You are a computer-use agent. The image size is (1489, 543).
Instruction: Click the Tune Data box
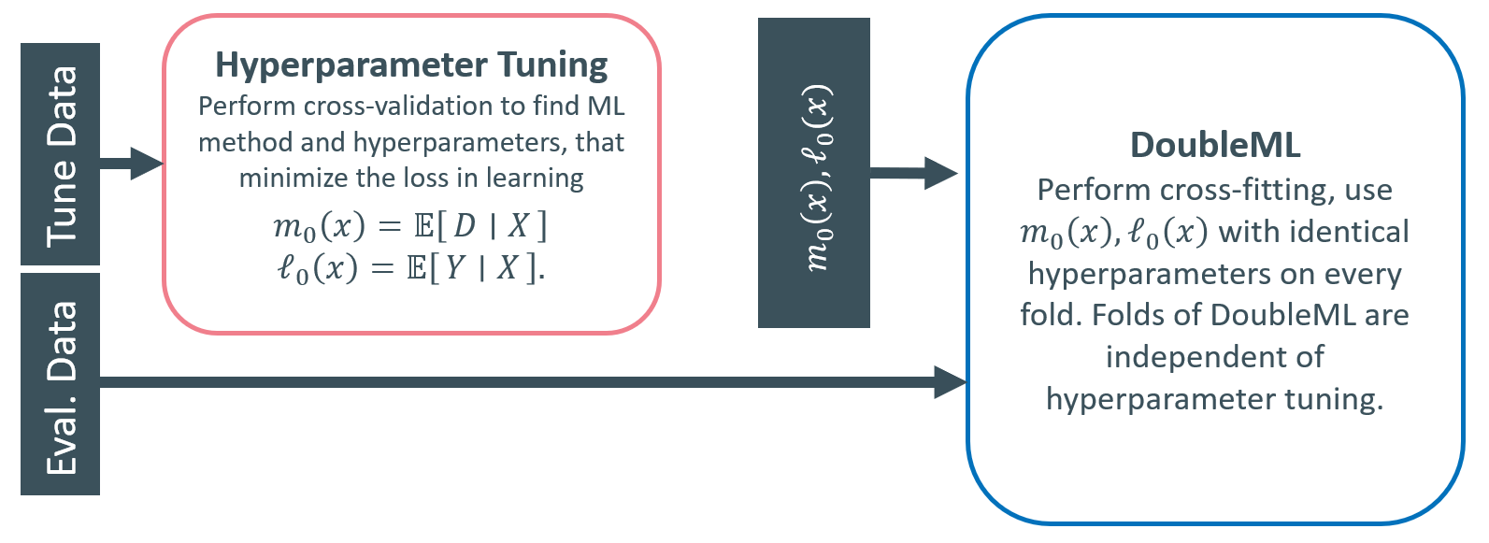[x=61, y=154]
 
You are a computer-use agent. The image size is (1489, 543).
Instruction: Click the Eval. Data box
[x=61, y=384]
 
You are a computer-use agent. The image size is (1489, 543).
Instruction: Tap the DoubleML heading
[x=1215, y=145]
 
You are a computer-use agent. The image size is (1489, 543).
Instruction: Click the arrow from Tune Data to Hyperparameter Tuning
[x=132, y=164]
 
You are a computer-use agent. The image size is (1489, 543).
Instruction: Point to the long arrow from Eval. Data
[x=533, y=382]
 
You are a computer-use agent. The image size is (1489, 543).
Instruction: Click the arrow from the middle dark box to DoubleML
[x=914, y=174]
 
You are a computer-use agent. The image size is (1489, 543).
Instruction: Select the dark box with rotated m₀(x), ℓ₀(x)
[x=814, y=173]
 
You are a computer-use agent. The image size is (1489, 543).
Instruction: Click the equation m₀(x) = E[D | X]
[x=410, y=226]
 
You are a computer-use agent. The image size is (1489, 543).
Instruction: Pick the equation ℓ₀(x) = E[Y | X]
[x=410, y=269]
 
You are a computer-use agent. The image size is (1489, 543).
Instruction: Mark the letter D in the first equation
[x=465, y=226]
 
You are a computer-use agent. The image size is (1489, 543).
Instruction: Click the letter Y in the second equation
[x=455, y=268]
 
